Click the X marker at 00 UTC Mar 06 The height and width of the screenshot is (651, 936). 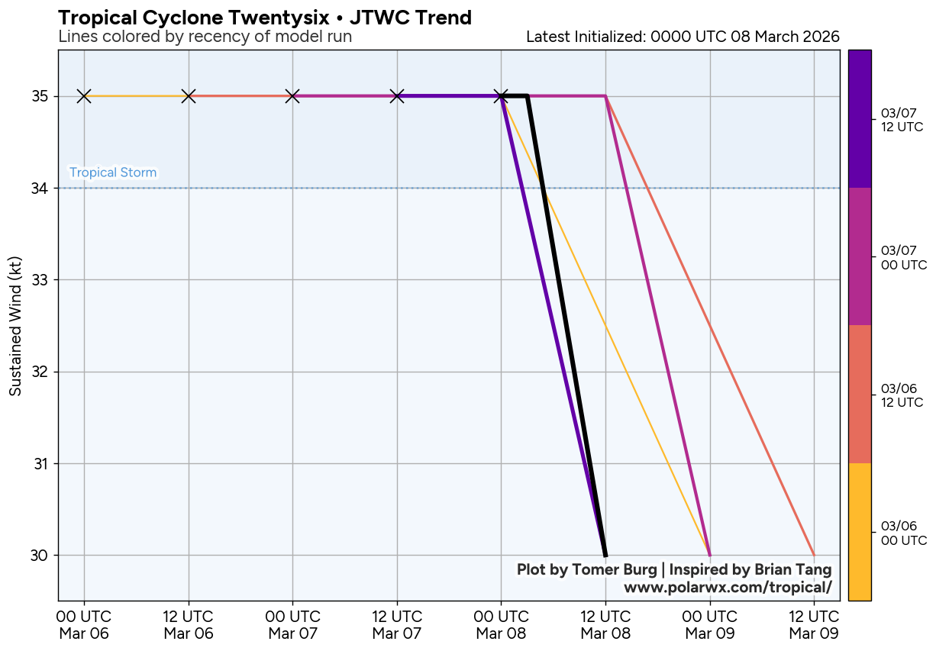click(84, 96)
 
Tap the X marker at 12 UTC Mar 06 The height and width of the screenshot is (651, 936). click(189, 96)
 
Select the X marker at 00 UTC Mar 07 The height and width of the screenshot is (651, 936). click(292, 96)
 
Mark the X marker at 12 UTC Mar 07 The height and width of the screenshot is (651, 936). click(397, 96)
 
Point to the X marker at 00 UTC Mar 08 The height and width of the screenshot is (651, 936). click(501, 96)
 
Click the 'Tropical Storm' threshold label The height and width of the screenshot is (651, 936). click(113, 172)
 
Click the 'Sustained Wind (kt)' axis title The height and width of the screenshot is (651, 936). click(15, 326)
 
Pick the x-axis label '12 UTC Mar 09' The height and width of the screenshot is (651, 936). click(814, 624)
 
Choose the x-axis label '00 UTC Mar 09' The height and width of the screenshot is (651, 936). click(710, 624)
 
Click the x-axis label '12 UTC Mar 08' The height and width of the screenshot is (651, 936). click(605, 624)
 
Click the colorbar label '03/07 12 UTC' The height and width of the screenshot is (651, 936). click(902, 120)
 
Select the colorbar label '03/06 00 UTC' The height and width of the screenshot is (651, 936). click(902, 533)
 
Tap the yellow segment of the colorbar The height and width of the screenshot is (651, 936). click(860, 532)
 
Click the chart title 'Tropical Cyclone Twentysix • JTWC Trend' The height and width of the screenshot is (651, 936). click(265, 17)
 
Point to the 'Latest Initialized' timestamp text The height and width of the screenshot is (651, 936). click(683, 37)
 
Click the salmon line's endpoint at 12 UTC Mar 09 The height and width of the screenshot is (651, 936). click(814, 555)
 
